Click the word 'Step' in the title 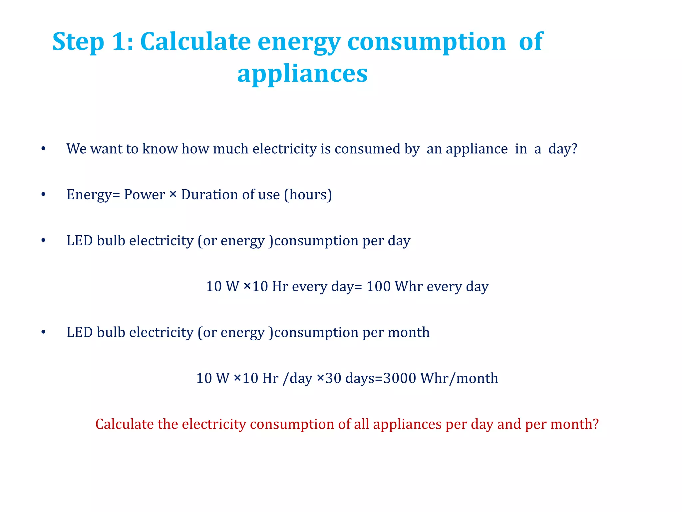click(78, 42)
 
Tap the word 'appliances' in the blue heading click(302, 74)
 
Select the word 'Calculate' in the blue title click(195, 42)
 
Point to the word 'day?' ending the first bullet click(563, 149)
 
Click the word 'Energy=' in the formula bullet click(93, 195)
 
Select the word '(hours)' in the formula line click(308, 195)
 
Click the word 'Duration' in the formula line click(209, 195)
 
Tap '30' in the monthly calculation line click(333, 378)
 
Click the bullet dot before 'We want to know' click(43, 149)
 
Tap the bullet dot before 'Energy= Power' click(43, 195)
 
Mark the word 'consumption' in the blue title click(427, 42)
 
